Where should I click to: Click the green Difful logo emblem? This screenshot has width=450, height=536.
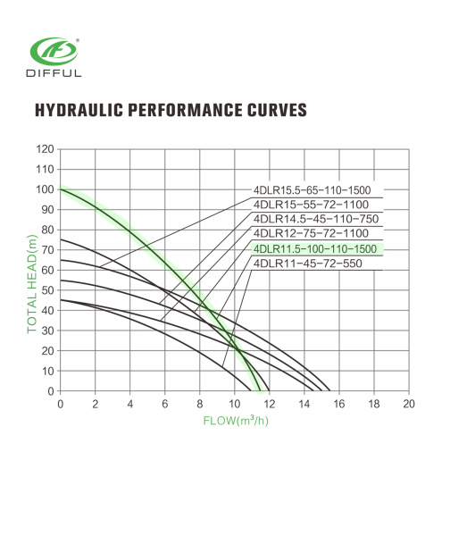point(54,52)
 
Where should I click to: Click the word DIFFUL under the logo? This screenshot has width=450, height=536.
point(54,73)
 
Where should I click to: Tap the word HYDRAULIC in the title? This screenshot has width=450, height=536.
point(79,110)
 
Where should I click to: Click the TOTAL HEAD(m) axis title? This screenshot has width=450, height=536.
point(32,284)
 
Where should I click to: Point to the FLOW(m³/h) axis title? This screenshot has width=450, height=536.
point(236,420)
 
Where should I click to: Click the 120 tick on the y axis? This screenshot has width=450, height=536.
point(46,149)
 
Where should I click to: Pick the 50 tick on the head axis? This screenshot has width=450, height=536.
point(48,290)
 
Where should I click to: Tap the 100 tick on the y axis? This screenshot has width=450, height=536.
point(46,189)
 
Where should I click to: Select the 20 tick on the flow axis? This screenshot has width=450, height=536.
point(409,404)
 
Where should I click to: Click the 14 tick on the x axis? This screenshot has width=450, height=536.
point(304,404)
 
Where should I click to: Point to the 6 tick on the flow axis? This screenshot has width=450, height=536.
point(164,404)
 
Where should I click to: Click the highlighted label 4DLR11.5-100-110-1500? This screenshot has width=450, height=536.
point(314,249)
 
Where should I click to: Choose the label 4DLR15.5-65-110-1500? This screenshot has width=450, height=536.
point(312,190)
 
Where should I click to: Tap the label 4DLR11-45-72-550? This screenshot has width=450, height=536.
point(307,264)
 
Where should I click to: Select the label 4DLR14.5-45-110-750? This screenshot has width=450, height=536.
point(316,219)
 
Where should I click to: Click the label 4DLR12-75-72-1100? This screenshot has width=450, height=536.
point(311,233)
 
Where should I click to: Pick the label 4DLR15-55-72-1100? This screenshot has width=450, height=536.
point(311,205)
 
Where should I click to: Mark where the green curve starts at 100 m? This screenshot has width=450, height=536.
point(61,189)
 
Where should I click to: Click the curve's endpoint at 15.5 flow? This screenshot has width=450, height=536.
point(329,390)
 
